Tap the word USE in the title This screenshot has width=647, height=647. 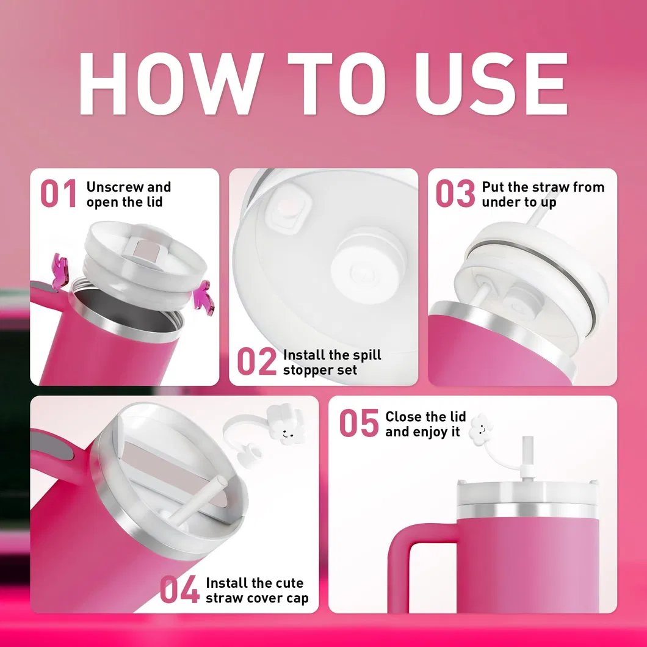pos(491,84)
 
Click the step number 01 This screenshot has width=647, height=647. pos(59,193)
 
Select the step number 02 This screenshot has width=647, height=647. pos(256,361)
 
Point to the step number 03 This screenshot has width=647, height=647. pos(455,193)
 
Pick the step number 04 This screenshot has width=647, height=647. pos(179,589)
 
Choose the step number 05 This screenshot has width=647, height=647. pos(358,423)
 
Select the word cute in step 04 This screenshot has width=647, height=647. pos(289,583)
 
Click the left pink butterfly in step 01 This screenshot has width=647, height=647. pos(59,270)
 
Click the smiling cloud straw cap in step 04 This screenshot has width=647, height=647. pos(286,425)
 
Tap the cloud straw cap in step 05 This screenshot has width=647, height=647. pos(482,429)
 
